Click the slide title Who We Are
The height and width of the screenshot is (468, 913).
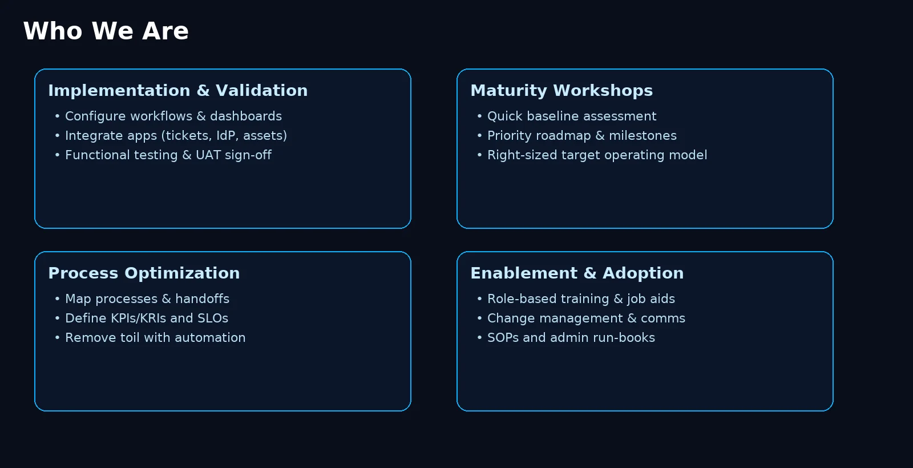(106, 31)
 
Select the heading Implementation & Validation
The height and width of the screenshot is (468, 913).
(177, 91)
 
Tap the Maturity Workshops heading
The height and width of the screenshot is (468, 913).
(561, 91)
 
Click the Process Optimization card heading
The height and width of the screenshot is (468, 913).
(144, 273)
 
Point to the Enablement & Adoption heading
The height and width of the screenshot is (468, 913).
(577, 273)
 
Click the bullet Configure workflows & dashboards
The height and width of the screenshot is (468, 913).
(173, 116)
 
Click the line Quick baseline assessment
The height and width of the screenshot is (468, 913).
(572, 116)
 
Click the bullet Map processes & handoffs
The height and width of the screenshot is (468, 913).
(147, 299)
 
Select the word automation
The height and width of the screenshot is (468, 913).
(210, 338)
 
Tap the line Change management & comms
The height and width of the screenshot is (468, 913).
(586, 318)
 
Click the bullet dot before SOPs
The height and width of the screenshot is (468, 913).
(479, 338)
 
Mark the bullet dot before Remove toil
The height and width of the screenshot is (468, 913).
(57, 338)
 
